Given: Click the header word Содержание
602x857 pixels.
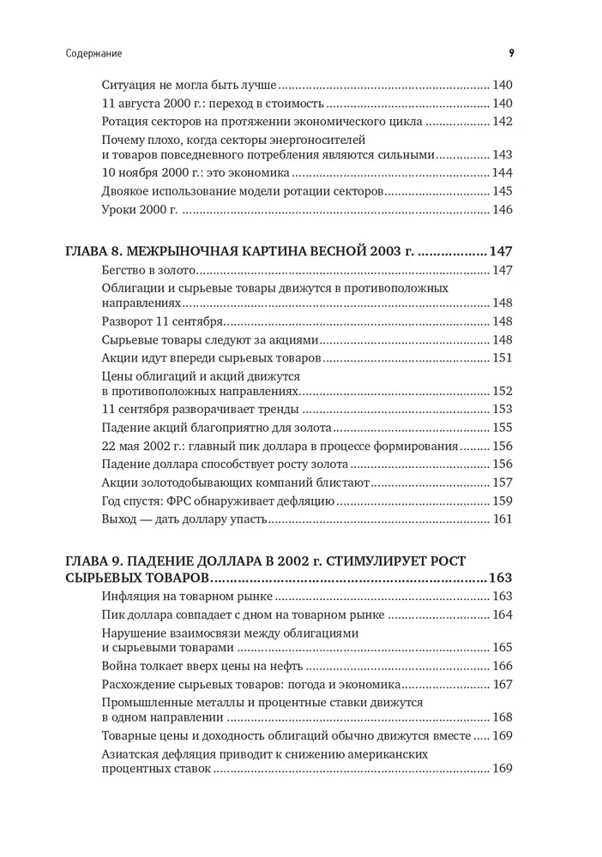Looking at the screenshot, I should click(x=93, y=53).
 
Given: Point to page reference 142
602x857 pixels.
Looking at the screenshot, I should click(x=501, y=122).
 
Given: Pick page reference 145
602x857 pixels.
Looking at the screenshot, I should click(x=501, y=191).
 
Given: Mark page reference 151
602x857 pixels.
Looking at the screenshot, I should click(x=501, y=358).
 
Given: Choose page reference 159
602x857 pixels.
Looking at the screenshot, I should click(x=501, y=501).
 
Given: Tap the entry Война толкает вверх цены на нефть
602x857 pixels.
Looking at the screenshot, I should click(x=202, y=666).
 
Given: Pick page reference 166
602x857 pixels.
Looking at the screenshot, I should click(x=501, y=666).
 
